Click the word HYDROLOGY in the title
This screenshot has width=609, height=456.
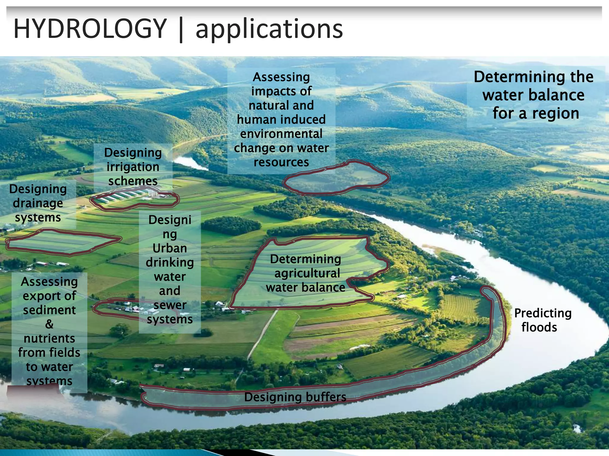[90, 29]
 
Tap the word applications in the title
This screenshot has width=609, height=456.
[269, 29]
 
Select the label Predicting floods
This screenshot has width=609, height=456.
[542, 320]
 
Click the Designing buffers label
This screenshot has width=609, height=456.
[295, 397]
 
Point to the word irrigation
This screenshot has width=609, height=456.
[133, 167]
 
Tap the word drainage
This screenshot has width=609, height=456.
[38, 203]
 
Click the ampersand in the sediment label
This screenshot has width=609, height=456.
[49, 324]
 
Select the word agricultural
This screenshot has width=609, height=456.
[307, 273]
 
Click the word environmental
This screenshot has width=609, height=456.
[281, 134]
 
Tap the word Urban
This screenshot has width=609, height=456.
[169, 248]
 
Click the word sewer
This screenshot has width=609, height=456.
[170, 305]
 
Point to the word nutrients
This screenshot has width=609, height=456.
[49, 338]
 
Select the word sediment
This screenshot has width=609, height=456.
[49, 310]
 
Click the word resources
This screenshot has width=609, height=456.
[281, 162]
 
